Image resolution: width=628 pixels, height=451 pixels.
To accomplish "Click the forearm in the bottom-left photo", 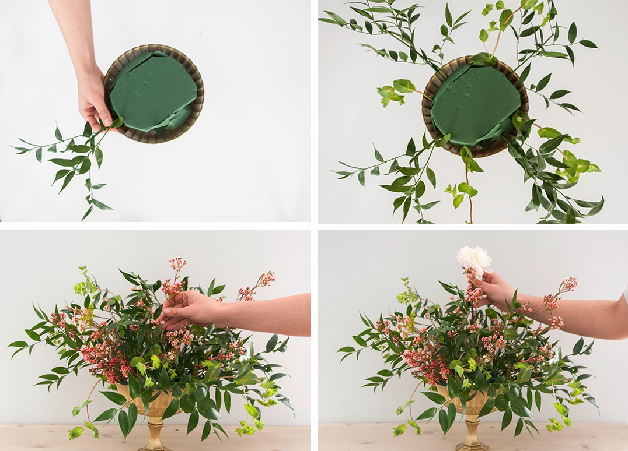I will [268, 315].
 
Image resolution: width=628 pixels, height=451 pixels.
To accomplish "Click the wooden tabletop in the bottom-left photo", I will [58, 438].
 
